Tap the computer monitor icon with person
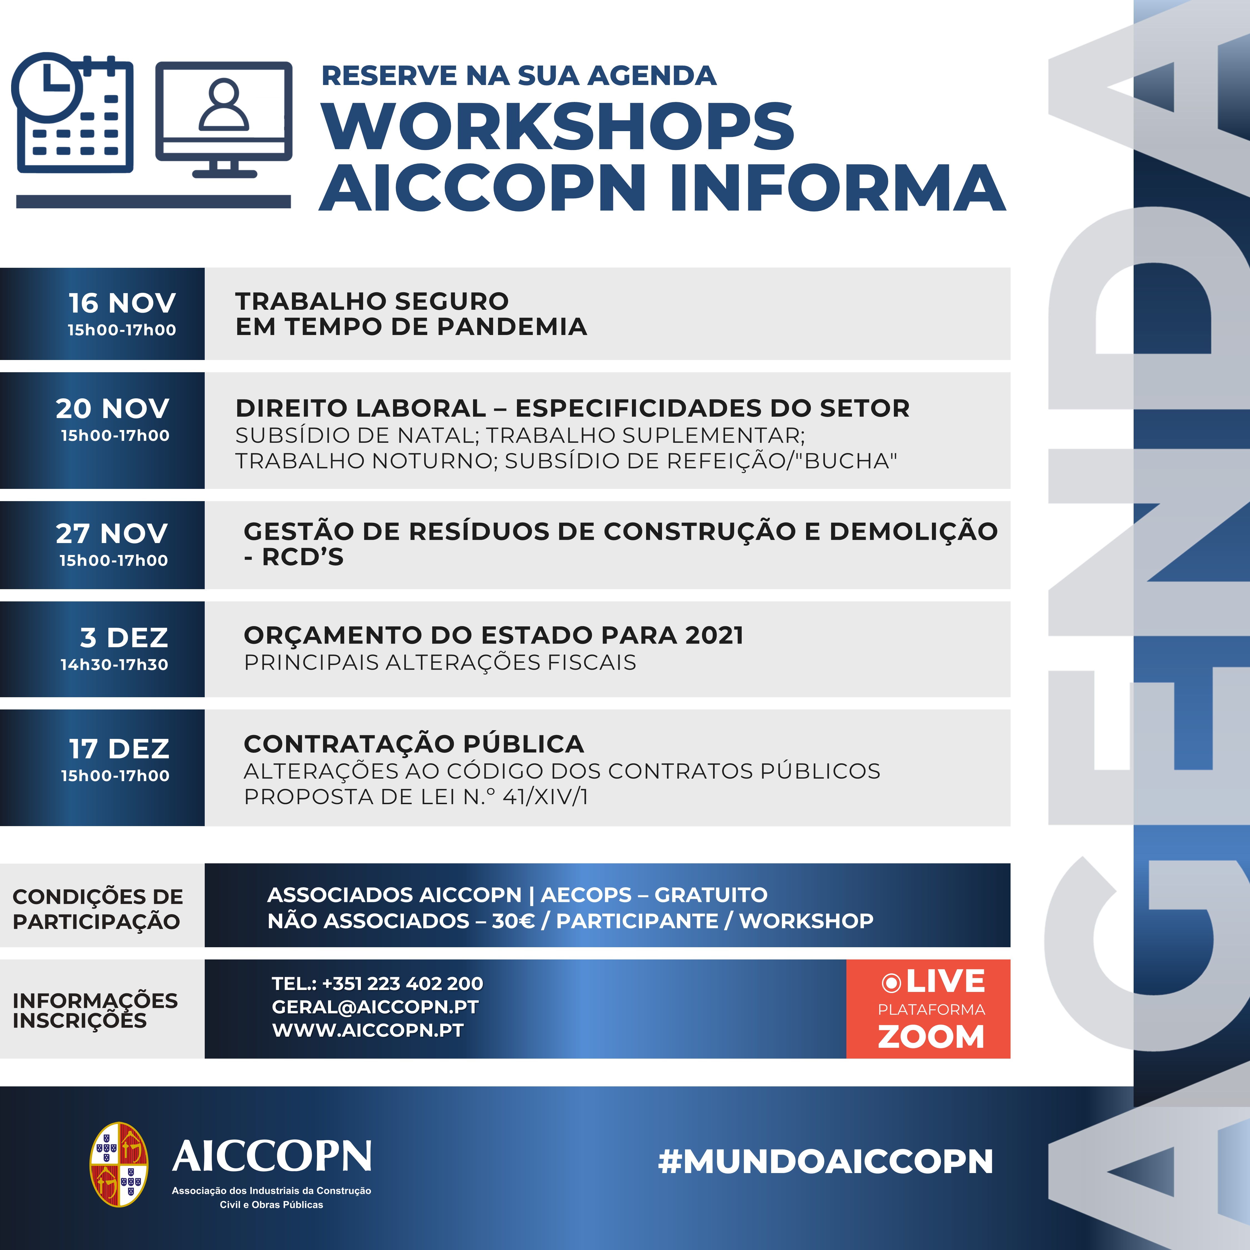224,120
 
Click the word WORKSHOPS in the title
558,127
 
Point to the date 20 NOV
112,408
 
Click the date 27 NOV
112,534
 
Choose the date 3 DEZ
124,638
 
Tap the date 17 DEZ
120,749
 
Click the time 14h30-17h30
114,664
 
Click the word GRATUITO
711,895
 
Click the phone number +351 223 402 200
402,983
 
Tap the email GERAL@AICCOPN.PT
375,1007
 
